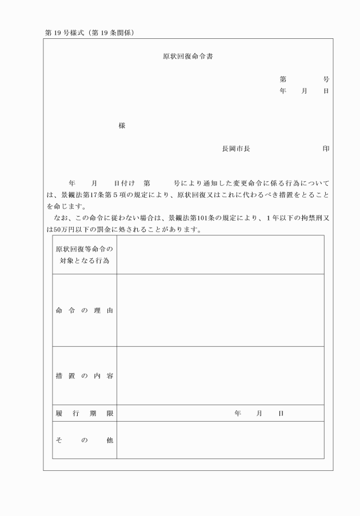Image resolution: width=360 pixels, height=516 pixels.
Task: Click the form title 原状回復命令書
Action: tap(189, 57)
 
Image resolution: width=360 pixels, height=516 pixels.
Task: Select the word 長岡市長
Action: tap(236, 149)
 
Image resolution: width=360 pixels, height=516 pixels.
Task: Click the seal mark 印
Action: tap(326, 149)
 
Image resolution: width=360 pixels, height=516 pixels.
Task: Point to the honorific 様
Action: tap(122, 126)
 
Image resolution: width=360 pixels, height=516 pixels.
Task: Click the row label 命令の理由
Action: tap(85, 310)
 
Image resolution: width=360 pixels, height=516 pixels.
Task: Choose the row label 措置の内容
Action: tap(85, 375)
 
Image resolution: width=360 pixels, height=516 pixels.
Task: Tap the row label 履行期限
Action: tap(85, 413)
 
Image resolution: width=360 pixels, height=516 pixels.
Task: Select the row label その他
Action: tap(85, 440)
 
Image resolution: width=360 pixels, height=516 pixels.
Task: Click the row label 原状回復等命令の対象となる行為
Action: tap(85, 255)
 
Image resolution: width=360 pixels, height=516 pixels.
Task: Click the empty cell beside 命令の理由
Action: tap(220, 310)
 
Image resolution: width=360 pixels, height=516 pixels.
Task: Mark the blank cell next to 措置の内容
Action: tap(220, 375)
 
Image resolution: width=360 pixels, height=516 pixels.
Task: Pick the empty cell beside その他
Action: tap(220, 440)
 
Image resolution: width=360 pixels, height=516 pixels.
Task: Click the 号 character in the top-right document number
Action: tap(326, 79)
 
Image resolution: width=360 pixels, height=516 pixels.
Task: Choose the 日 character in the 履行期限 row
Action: tap(281, 413)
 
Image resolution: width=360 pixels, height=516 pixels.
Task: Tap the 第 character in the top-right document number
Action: tap(283, 79)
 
